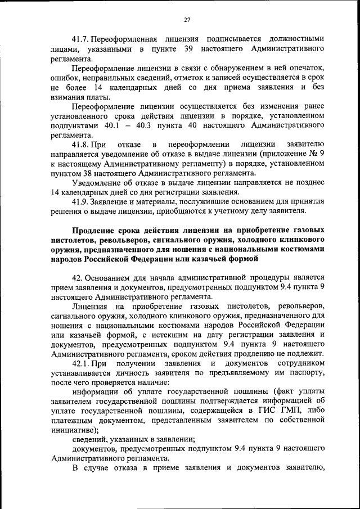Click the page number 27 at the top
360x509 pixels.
(x=187, y=20)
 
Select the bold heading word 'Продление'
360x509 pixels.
(x=94, y=231)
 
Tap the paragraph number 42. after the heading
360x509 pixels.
(x=78, y=278)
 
